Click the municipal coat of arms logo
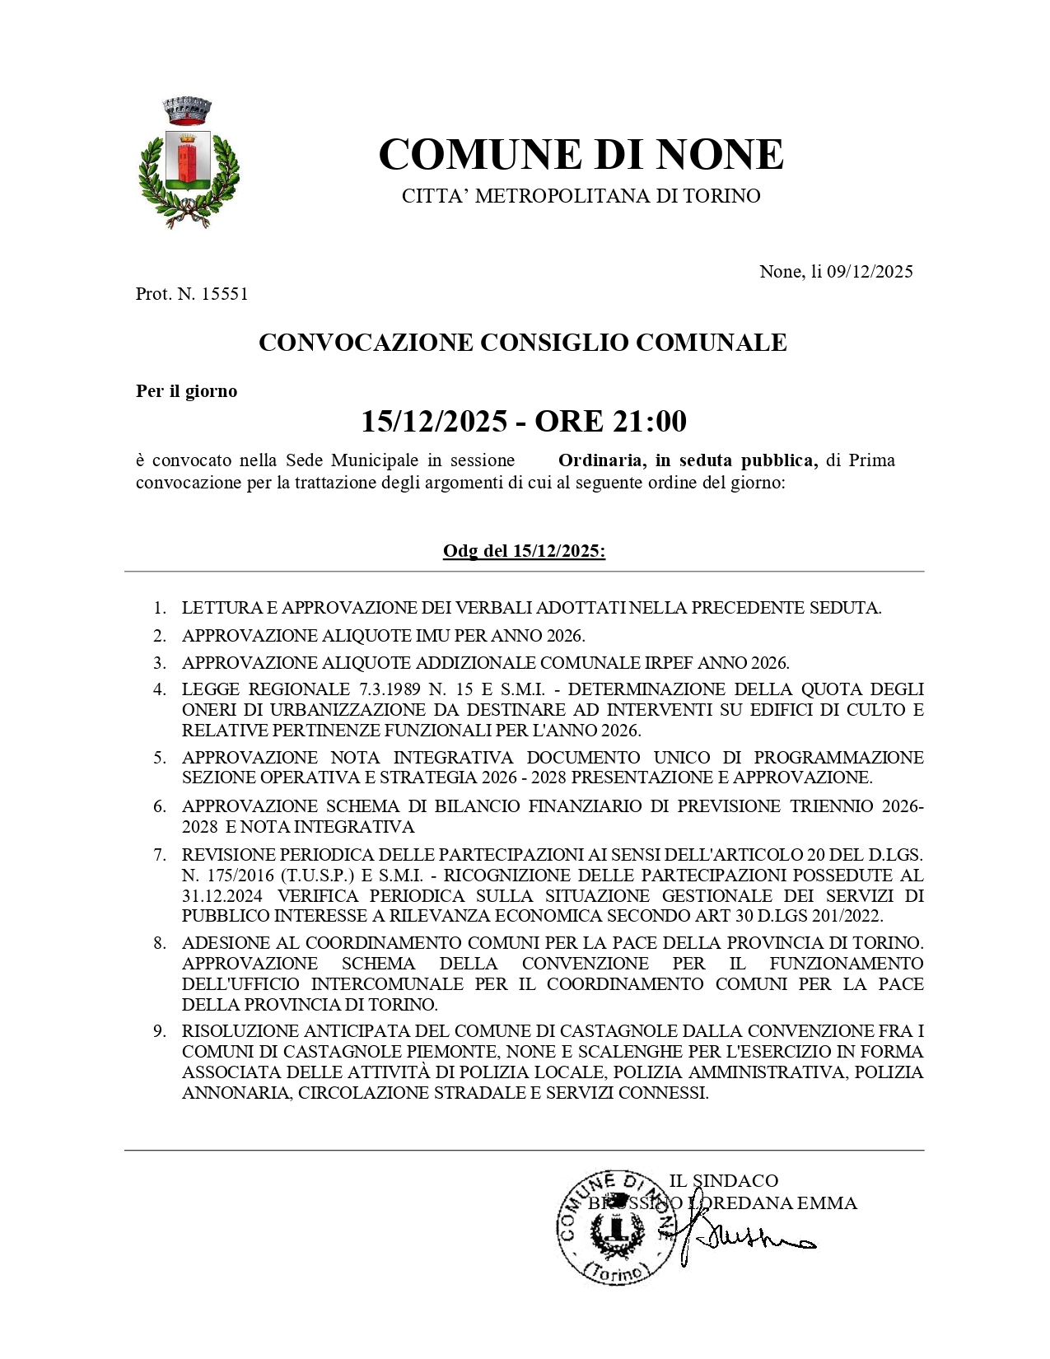click(x=189, y=162)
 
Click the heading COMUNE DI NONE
click(x=581, y=154)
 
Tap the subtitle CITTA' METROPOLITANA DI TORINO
click(x=581, y=196)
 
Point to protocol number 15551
click(x=224, y=294)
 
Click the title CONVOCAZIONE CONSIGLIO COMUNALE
click(x=523, y=343)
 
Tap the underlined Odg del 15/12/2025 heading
click(x=524, y=551)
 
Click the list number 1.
click(x=160, y=609)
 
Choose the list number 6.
click(x=160, y=806)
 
